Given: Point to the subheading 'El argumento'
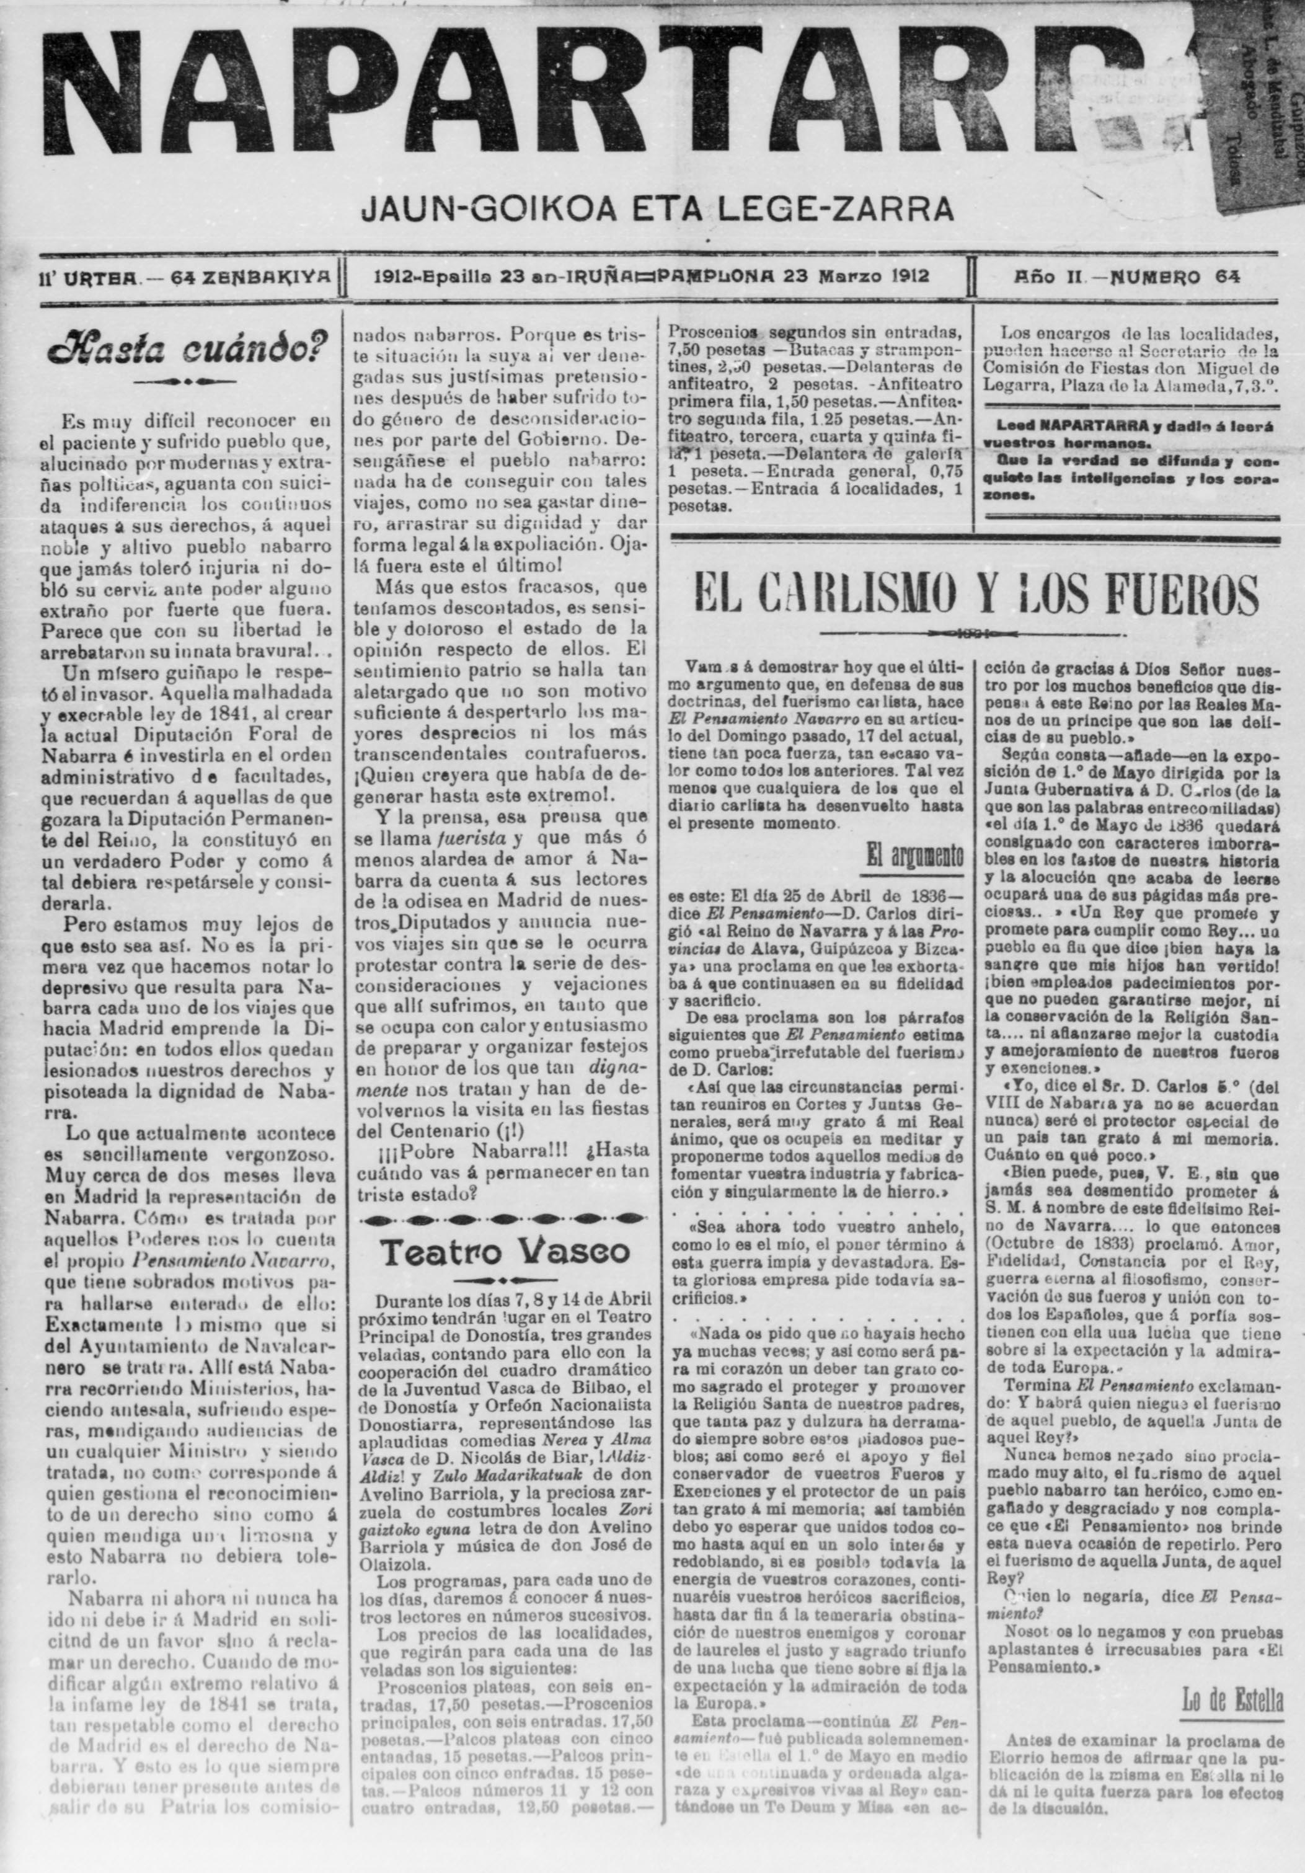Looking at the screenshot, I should click(x=915, y=856).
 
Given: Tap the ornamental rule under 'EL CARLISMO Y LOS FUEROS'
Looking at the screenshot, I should click(x=975, y=633).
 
